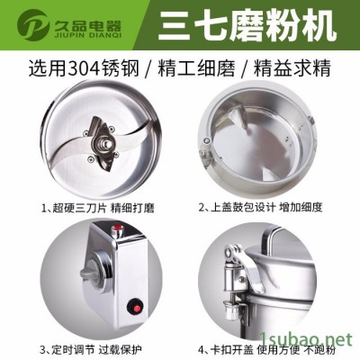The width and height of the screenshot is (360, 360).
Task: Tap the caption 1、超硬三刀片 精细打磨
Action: pyautogui.click(x=90, y=209)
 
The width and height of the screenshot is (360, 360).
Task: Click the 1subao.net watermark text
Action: pyautogui.click(x=319, y=346)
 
